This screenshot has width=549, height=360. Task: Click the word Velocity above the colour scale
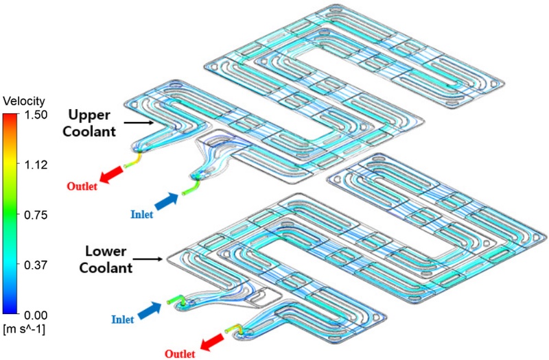(23, 101)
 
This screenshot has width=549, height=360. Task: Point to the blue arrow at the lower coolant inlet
(149, 312)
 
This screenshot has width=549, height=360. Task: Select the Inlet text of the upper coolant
(140, 215)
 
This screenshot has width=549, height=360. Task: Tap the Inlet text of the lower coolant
(123, 320)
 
